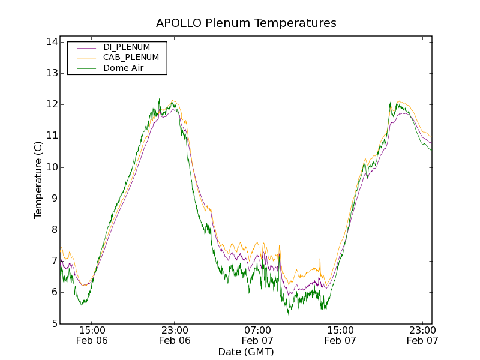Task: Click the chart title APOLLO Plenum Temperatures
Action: click(x=246, y=23)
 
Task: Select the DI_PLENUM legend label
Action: click(x=127, y=47)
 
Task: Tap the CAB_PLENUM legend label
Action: click(x=131, y=58)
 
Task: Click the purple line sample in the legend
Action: click(x=86, y=47)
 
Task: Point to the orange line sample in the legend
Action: click(x=86, y=58)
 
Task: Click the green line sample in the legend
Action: click(x=86, y=68)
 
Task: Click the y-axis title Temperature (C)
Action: click(x=38, y=180)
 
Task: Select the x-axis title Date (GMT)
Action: click(x=246, y=352)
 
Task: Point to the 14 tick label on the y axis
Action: click(x=50, y=42)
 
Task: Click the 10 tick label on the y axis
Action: click(x=50, y=167)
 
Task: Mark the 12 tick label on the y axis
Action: click(x=50, y=104)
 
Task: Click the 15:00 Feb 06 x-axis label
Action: click(x=92, y=335)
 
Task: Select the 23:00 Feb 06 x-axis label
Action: click(x=175, y=335)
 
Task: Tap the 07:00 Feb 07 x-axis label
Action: click(x=257, y=335)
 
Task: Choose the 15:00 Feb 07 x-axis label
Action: click(x=340, y=335)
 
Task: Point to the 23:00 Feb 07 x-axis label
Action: click(x=423, y=335)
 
